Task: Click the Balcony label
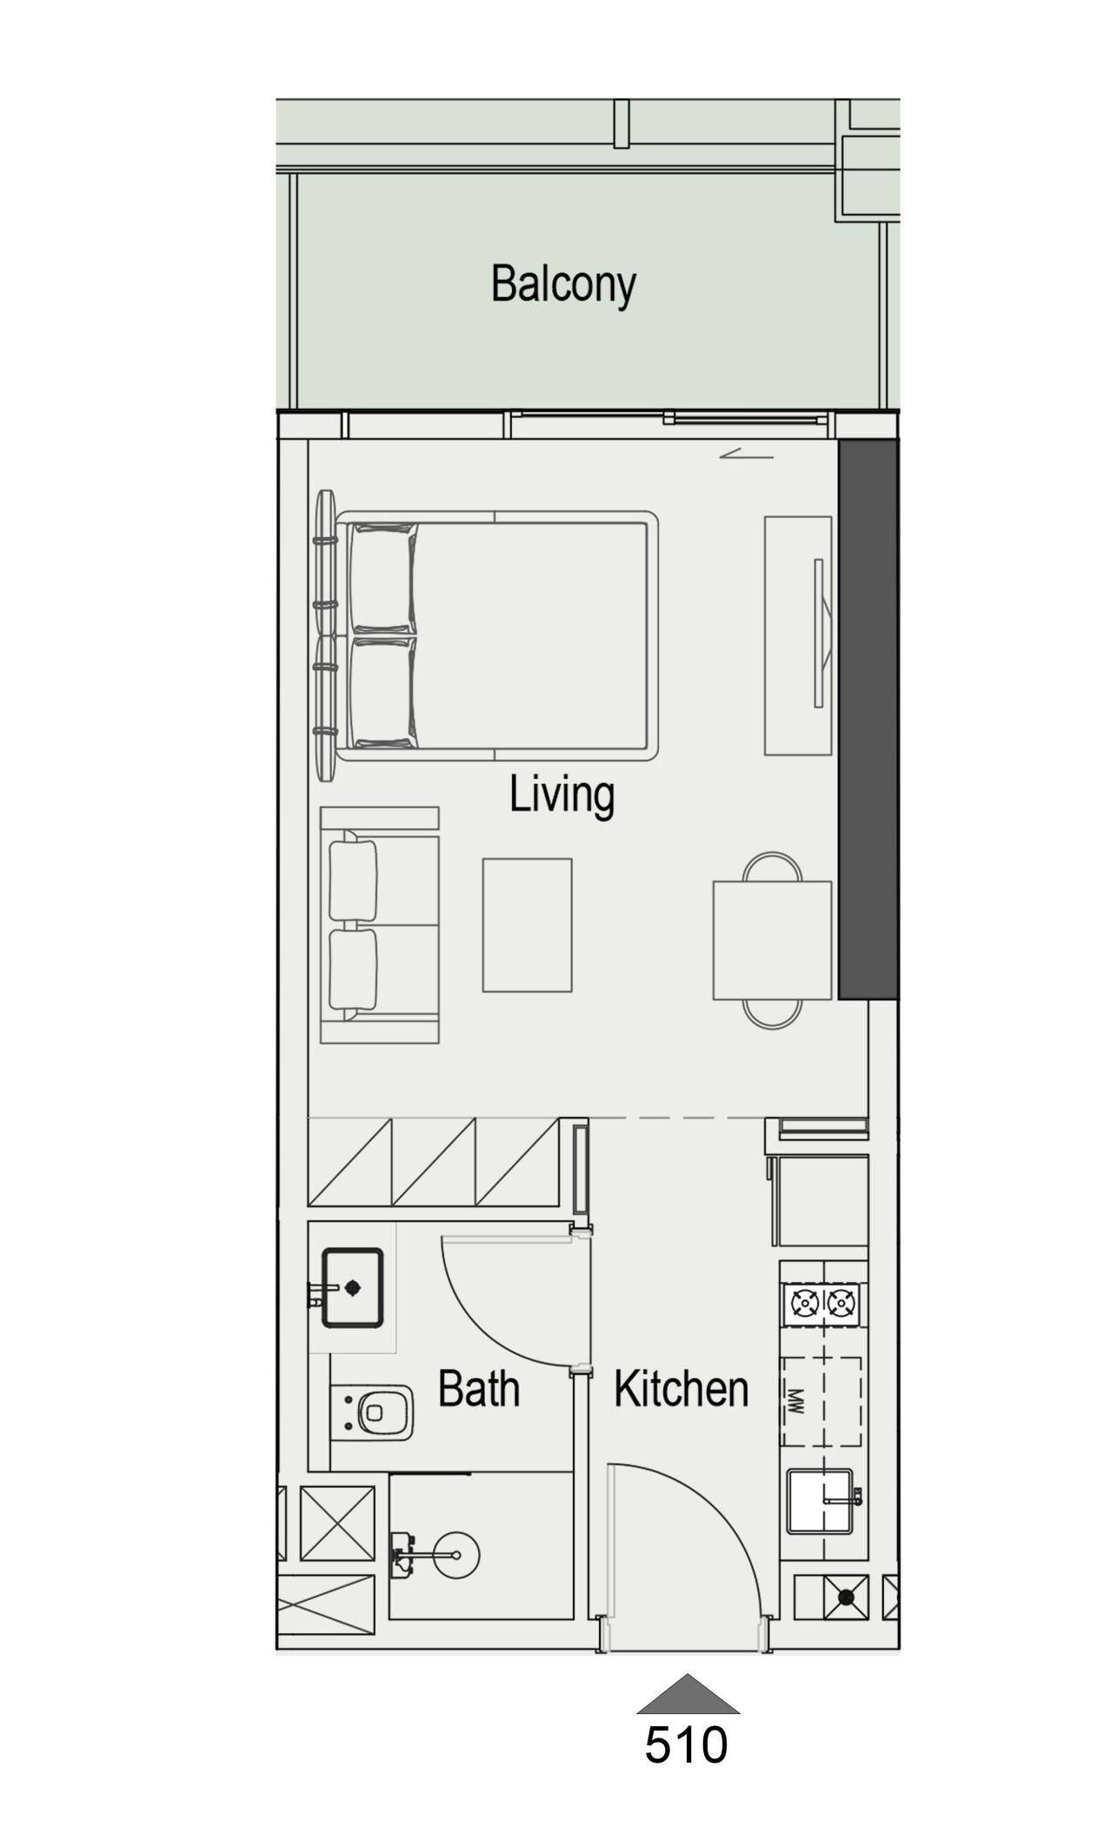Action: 563,284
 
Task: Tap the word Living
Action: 562,795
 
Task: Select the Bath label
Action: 478,1388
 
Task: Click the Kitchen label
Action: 681,1389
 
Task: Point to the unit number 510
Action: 686,1744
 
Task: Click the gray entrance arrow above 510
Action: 688,1696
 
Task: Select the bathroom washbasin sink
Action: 352,1288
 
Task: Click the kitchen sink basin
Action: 819,1501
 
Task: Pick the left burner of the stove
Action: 804,1303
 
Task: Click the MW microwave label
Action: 795,1400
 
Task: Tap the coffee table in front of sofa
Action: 527,925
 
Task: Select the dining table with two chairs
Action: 772,940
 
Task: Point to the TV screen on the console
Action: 818,633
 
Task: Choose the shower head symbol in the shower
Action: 455,1555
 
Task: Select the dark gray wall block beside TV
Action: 868,718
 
